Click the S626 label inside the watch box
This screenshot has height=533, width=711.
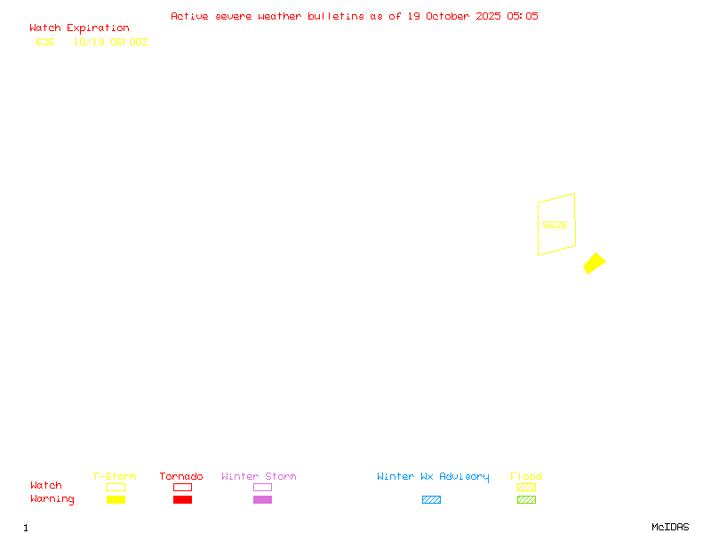coord(555,225)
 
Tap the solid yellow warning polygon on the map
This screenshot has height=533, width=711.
coord(595,263)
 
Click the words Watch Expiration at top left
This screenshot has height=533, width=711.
coord(79,28)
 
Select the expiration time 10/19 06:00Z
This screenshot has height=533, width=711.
coord(110,42)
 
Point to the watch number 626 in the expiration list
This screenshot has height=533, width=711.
coord(45,42)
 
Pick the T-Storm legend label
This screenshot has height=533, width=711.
coord(115,476)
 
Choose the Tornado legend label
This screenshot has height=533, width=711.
coord(181,476)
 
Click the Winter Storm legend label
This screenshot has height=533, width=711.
coord(259,476)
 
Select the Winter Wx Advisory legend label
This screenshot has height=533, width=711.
coord(433,476)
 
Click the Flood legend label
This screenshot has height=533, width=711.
coord(526,476)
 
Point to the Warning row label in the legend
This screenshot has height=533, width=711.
coord(52,499)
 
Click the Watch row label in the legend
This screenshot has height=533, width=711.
coord(46,486)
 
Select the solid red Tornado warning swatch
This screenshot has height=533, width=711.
coord(182,500)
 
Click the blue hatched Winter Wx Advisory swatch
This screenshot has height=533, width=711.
coord(431,500)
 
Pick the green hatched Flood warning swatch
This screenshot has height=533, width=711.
coord(526,500)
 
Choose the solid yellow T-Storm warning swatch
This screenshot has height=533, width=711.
coord(116,500)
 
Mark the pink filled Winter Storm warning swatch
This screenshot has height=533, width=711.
coord(262,500)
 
